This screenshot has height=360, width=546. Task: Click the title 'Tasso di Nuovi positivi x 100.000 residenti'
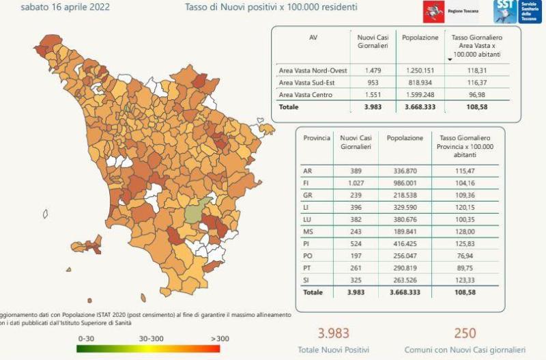271,8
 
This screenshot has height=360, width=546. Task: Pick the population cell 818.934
420,83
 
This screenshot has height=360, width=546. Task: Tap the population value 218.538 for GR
405,195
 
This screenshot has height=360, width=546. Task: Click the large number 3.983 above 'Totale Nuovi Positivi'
333,333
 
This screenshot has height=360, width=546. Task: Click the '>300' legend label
220,337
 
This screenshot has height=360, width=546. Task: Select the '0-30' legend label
86,337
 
